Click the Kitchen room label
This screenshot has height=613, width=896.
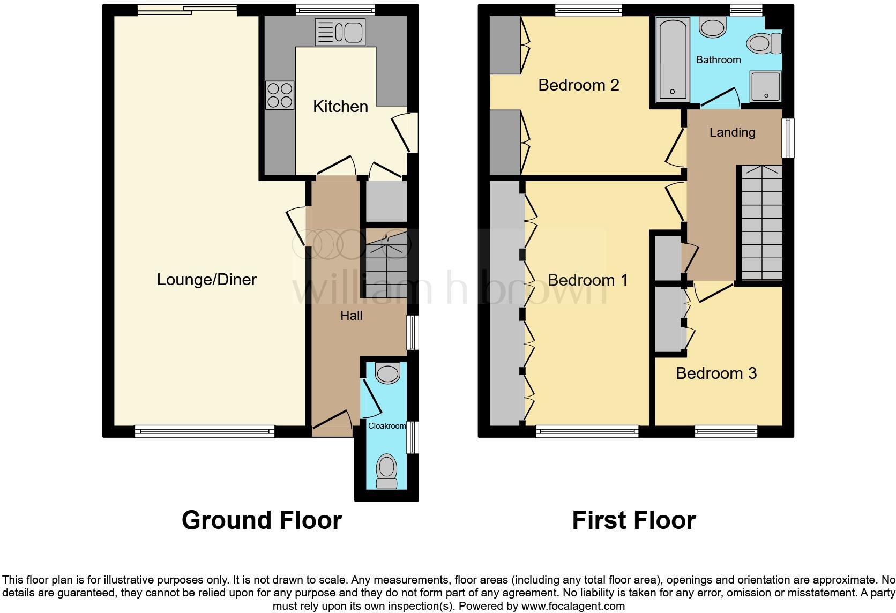340,106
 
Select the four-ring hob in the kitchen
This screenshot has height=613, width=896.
280,95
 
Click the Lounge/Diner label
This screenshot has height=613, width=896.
206,279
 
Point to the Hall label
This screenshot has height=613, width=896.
351,316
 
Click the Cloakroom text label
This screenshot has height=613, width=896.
386,425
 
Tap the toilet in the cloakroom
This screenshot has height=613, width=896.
386,470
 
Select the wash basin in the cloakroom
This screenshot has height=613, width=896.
387,372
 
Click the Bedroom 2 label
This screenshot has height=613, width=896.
578,85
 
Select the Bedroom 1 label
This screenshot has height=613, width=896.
587,280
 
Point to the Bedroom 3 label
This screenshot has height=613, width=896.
716,373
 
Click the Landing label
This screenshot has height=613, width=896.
732,132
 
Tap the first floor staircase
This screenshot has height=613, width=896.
761,222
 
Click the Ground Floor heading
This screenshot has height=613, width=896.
262,520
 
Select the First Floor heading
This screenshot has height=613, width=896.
633,520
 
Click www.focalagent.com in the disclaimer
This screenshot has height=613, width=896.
573,607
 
